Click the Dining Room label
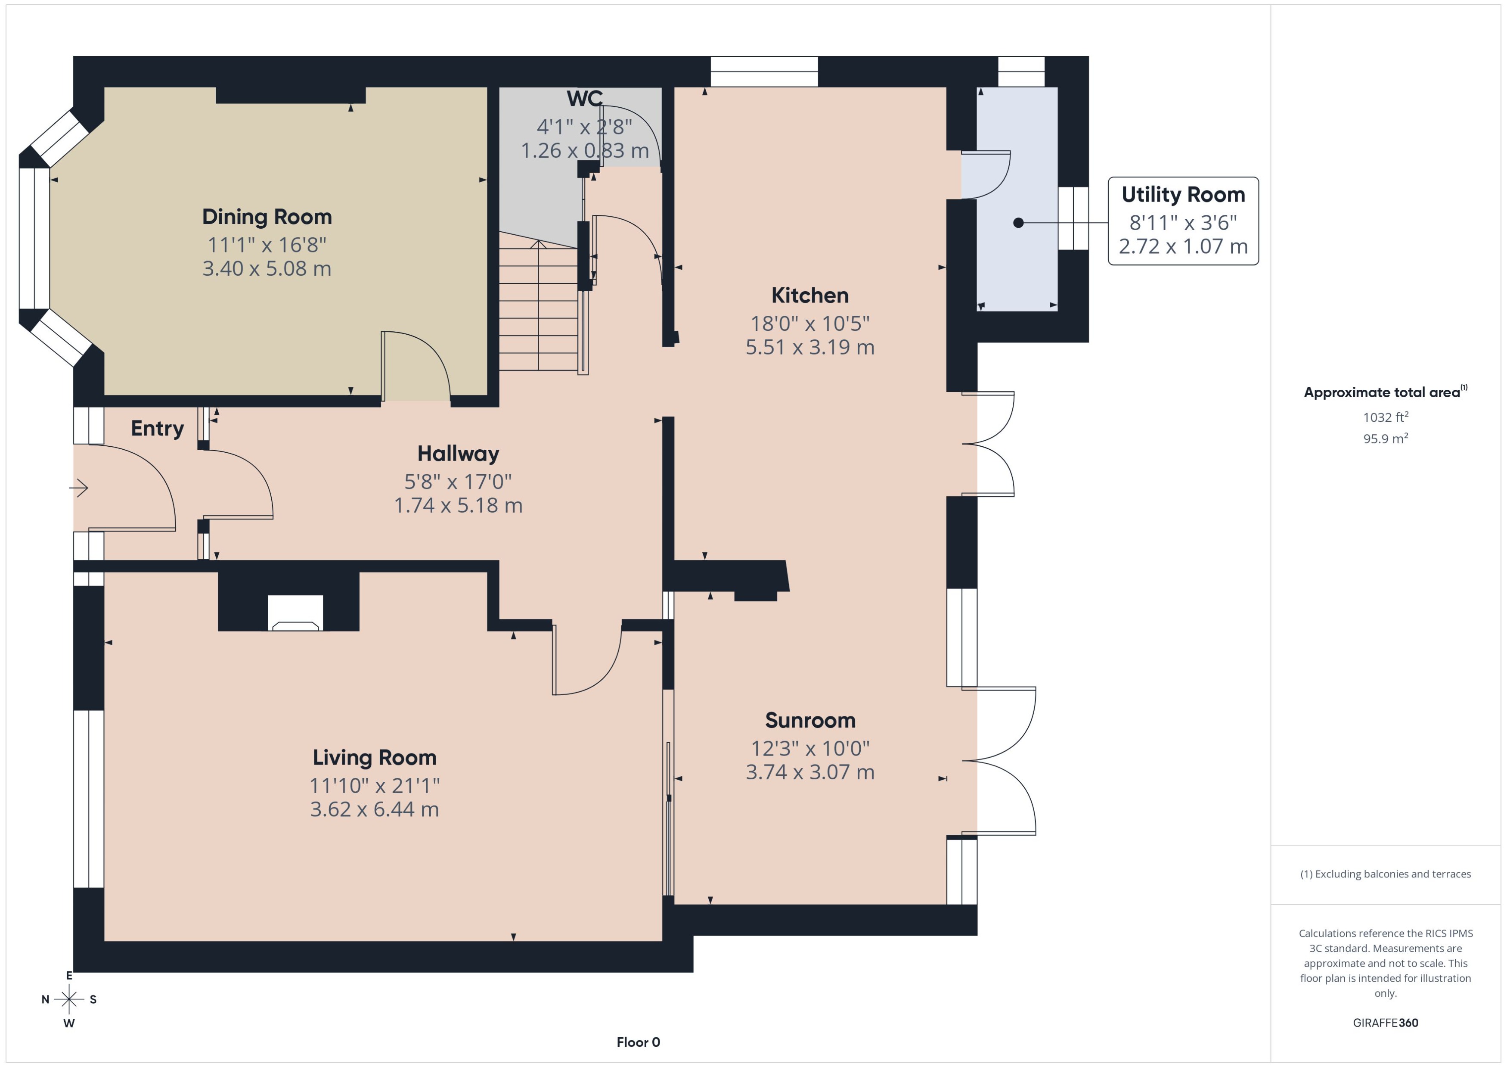click(267, 217)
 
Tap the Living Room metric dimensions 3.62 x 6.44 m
click(374, 809)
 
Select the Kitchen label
click(809, 296)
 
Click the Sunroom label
click(809, 720)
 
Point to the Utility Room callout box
click(1183, 221)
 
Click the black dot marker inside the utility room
click(1018, 223)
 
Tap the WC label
click(584, 99)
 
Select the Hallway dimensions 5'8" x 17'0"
click(458, 482)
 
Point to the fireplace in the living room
click(295, 613)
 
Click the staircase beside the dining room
click(539, 305)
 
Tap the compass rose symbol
click(69, 999)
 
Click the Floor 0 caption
click(638, 1042)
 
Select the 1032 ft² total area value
click(1385, 417)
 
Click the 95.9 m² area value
click(1385, 438)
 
